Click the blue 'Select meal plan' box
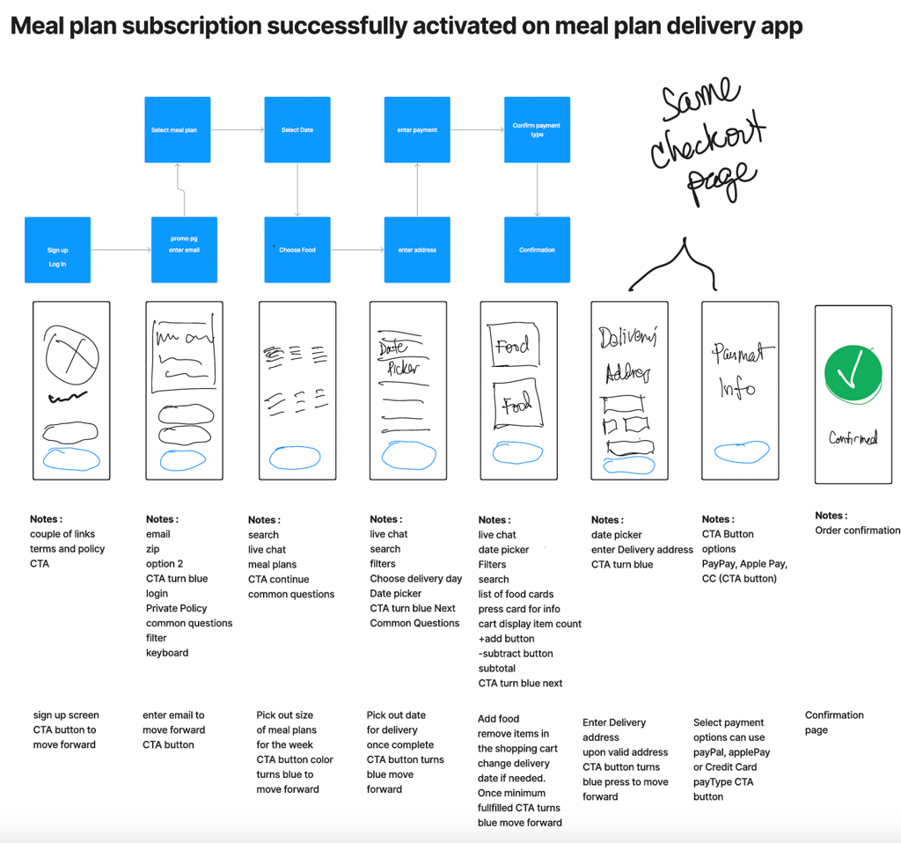click(178, 129)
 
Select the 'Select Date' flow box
click(297, 129)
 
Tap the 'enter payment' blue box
click(417, 129)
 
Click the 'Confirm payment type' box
click(537, 129)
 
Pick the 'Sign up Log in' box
click(57, 250)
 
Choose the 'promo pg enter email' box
click(184, 250)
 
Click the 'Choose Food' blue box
click(297, 250)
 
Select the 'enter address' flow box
click(417, 250)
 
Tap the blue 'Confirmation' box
click(537, 250)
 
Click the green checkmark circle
click(853, 374)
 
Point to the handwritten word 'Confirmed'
click(853, 437)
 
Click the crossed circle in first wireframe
click(71, 356)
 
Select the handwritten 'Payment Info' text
click(740, 370)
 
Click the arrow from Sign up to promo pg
click(121, 250)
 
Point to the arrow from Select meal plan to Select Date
click(238, 129)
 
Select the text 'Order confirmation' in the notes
click(857, 531)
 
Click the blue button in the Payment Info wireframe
click(741, 452)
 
